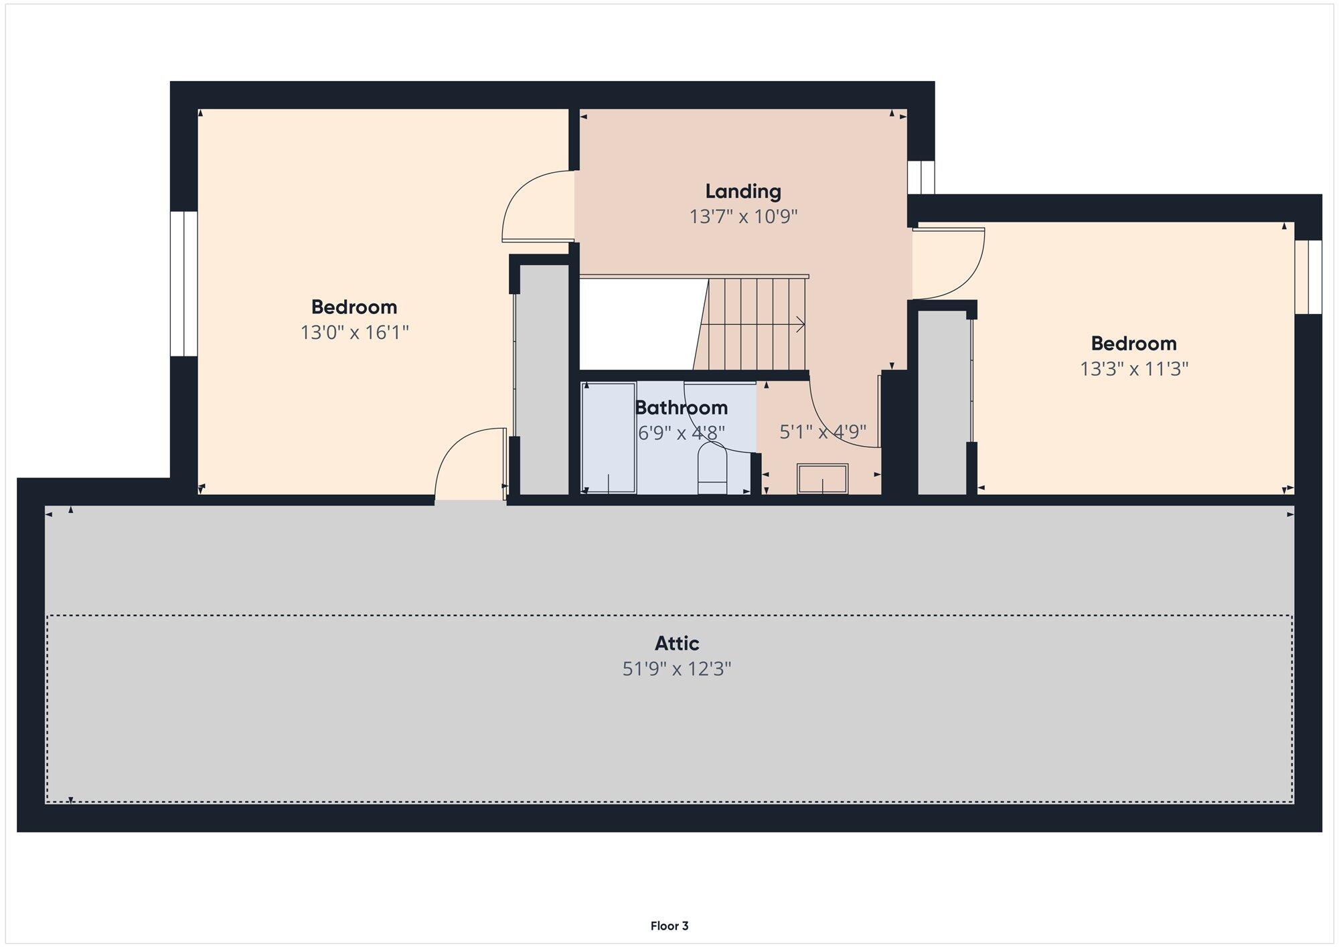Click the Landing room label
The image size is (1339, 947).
[743, 192]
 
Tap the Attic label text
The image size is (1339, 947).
[677, 644]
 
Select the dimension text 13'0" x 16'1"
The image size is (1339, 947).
[354, 332]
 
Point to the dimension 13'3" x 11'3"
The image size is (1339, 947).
[1133, 368]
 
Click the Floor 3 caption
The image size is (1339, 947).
[669, 926]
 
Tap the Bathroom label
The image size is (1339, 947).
[681, 407]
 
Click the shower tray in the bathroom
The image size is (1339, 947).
[609, 439]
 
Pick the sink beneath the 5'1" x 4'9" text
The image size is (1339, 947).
[822, 478]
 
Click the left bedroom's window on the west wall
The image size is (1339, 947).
[183, 284]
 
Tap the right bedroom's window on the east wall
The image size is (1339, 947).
[1308, 277]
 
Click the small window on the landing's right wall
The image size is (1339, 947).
[921, 177]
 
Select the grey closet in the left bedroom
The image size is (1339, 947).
[544, 379]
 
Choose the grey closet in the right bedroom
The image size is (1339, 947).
[943, 402]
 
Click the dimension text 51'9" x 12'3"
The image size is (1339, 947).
[677, 668]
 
